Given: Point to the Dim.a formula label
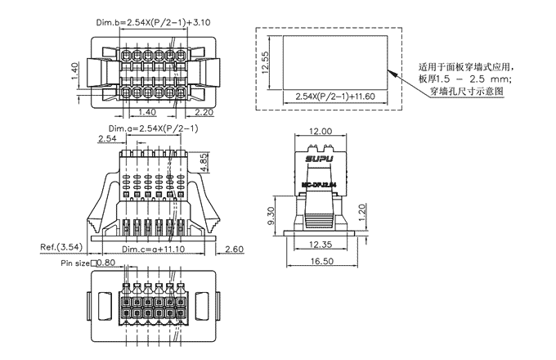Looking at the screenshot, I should [x=153, y=129].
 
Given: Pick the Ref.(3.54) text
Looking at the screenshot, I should [x=61, y=246].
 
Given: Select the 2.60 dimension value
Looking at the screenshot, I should [x=234, y=249].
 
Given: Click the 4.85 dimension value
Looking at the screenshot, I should [x=203, y=162].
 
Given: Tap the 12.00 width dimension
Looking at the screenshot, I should [x=320, y=131].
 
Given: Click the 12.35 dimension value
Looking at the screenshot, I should [x=320, y=244].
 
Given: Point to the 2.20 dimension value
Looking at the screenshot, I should [x=204, y=111].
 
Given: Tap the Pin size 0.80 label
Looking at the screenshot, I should [x=88, y=263].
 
